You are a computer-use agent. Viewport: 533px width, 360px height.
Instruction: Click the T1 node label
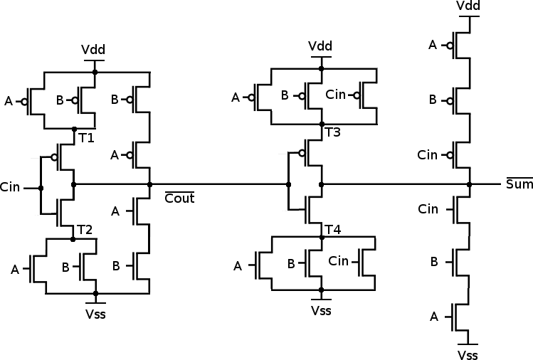(x=86, y=138)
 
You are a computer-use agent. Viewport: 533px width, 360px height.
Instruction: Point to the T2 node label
(x=85, y=230)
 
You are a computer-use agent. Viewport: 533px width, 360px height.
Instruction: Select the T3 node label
(x=333, y=132)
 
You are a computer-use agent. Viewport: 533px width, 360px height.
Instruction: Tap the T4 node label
(x=333, y=230)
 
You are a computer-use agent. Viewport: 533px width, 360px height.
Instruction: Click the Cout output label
(x=179, y=198)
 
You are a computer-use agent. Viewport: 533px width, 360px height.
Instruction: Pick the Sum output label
(x=519, y=184)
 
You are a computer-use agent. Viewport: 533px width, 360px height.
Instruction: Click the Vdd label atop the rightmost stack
(x=468, y=6)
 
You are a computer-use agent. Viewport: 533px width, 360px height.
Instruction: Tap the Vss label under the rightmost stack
(x=468, y=354)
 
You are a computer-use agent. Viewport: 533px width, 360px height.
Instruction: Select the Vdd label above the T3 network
(x=320, y=46)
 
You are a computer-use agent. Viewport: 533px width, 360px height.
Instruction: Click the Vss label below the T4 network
(x=321, y=310)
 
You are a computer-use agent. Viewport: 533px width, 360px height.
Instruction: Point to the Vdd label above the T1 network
(x=93, y=50)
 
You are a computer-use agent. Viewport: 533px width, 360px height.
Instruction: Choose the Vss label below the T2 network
(x=95, y=314)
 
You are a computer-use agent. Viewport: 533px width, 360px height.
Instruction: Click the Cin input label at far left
(x=10, y=186)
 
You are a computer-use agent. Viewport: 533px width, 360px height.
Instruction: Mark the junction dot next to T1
(x=75, y=129)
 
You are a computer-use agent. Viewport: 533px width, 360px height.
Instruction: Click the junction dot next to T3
(x=322, y=125)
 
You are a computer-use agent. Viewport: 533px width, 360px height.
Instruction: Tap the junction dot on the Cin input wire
(x=41, y=188)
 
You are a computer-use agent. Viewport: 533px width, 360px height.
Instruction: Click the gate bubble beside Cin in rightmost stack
(x=450, y=155)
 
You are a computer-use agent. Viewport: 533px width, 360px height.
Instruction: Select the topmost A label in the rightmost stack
(x=433, y=45)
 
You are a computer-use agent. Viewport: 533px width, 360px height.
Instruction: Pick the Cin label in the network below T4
(x=338, y=260)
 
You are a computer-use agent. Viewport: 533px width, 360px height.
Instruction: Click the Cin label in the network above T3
(x=335, y=95)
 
